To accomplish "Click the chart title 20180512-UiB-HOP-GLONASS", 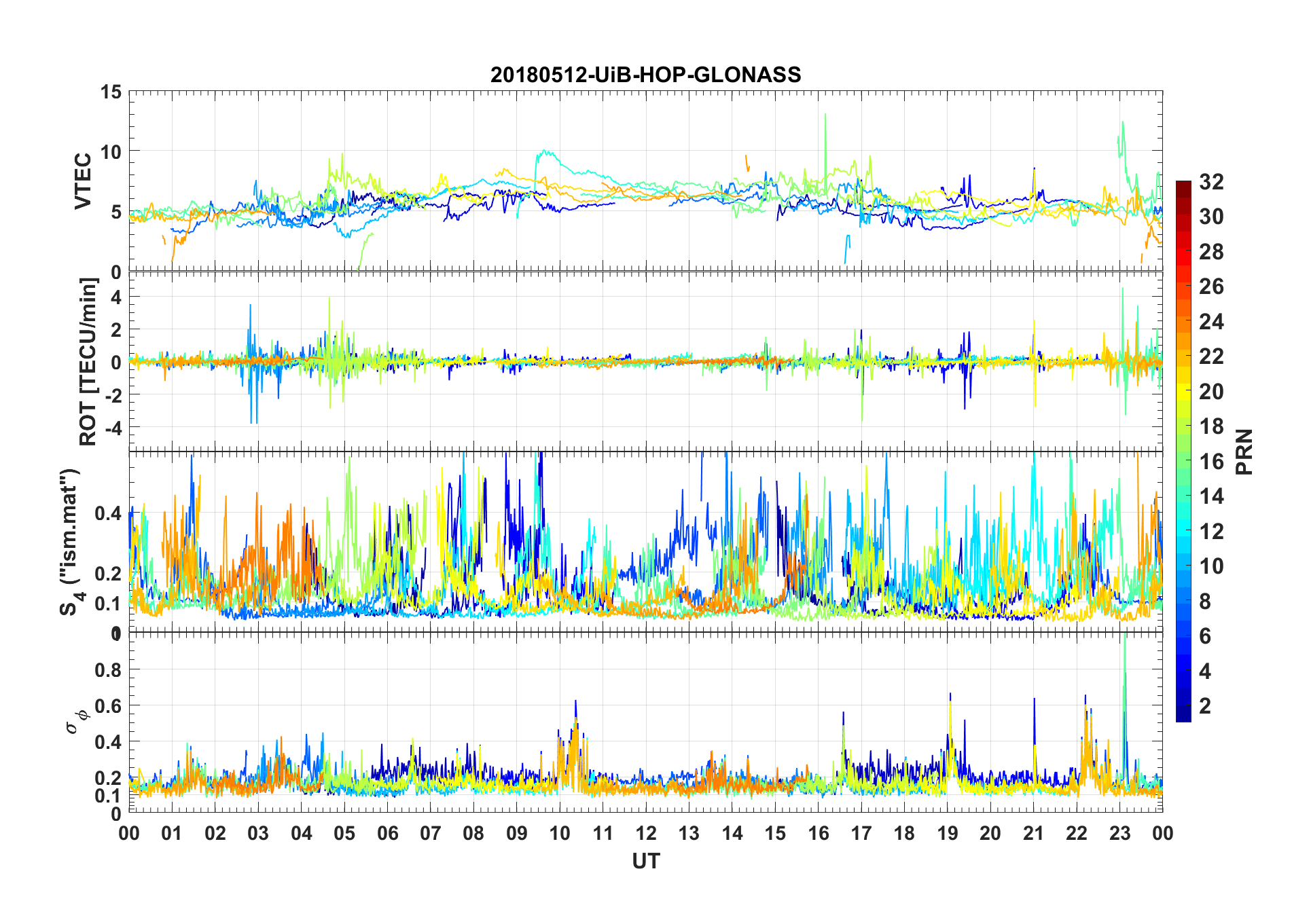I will [x=645, y=75].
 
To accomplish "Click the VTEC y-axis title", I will [x=83, y=181].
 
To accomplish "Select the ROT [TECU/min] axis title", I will [x=88, y=361].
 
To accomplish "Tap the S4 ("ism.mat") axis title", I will [x=70, y=542].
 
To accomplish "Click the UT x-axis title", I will [x=645, y=861].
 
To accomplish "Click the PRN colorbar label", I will [x=1243, y=451].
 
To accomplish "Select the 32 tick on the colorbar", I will [x=1211, y=181].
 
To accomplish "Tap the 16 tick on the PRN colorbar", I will [x=1211, y=461].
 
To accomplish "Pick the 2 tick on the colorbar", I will [x=1205, y=705].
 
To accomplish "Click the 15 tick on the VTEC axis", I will [x=111, y=92].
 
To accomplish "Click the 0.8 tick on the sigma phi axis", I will [x=108, y=669].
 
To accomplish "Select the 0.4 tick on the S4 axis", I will [x=108, y=513].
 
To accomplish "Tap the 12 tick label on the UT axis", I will [x=646, y=833].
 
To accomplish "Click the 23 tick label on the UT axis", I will [x=1119, y=833].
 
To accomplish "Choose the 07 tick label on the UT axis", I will [x=431, y=833].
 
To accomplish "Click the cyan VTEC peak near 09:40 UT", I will [x=543, y=151].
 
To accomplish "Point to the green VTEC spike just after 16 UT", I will [x=825, y=115].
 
